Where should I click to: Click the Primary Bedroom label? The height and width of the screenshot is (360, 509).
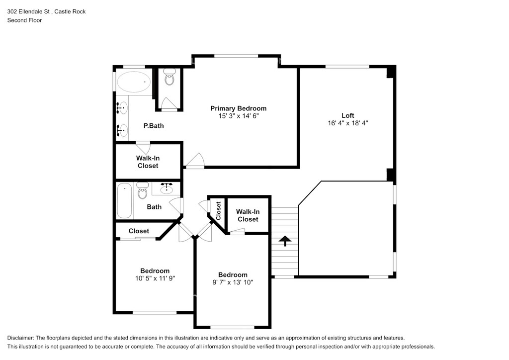(x=238, y=108)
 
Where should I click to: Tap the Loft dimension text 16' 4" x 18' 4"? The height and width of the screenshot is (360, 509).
(x=347, y=123)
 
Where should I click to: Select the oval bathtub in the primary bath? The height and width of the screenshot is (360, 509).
(x=134, y=82)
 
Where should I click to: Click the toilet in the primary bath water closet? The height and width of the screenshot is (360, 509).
(x=169, y=77)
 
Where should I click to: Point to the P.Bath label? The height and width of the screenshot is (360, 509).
(x=154, y=126)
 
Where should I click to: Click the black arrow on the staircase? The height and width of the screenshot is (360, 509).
(x=285, y=241)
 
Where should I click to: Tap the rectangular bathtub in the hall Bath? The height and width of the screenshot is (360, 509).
(x=125, y=201)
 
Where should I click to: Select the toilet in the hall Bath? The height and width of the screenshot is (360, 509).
(x=143, y=190)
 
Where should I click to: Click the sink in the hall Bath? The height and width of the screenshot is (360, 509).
(x=167, y=188)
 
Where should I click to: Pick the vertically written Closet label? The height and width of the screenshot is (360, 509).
(x=218, y=211)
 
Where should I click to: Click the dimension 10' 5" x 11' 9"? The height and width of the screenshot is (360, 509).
(x=155, y=278)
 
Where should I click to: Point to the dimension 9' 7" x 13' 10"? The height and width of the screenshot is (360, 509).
(x=233, y=282)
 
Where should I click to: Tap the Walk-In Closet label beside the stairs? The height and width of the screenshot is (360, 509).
(x=248, y=215)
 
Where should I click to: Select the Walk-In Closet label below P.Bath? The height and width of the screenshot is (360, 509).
(x=148, y=162)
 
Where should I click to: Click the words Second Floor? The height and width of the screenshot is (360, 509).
(x=25, y=20)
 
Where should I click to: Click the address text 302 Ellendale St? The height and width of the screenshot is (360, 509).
(x=28, y=11)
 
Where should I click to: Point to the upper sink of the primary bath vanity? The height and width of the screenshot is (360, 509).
(x=122, y=107)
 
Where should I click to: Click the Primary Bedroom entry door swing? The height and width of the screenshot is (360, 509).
(x=195, y=161)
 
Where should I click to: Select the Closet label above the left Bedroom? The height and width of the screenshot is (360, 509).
(x=139, y=231)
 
